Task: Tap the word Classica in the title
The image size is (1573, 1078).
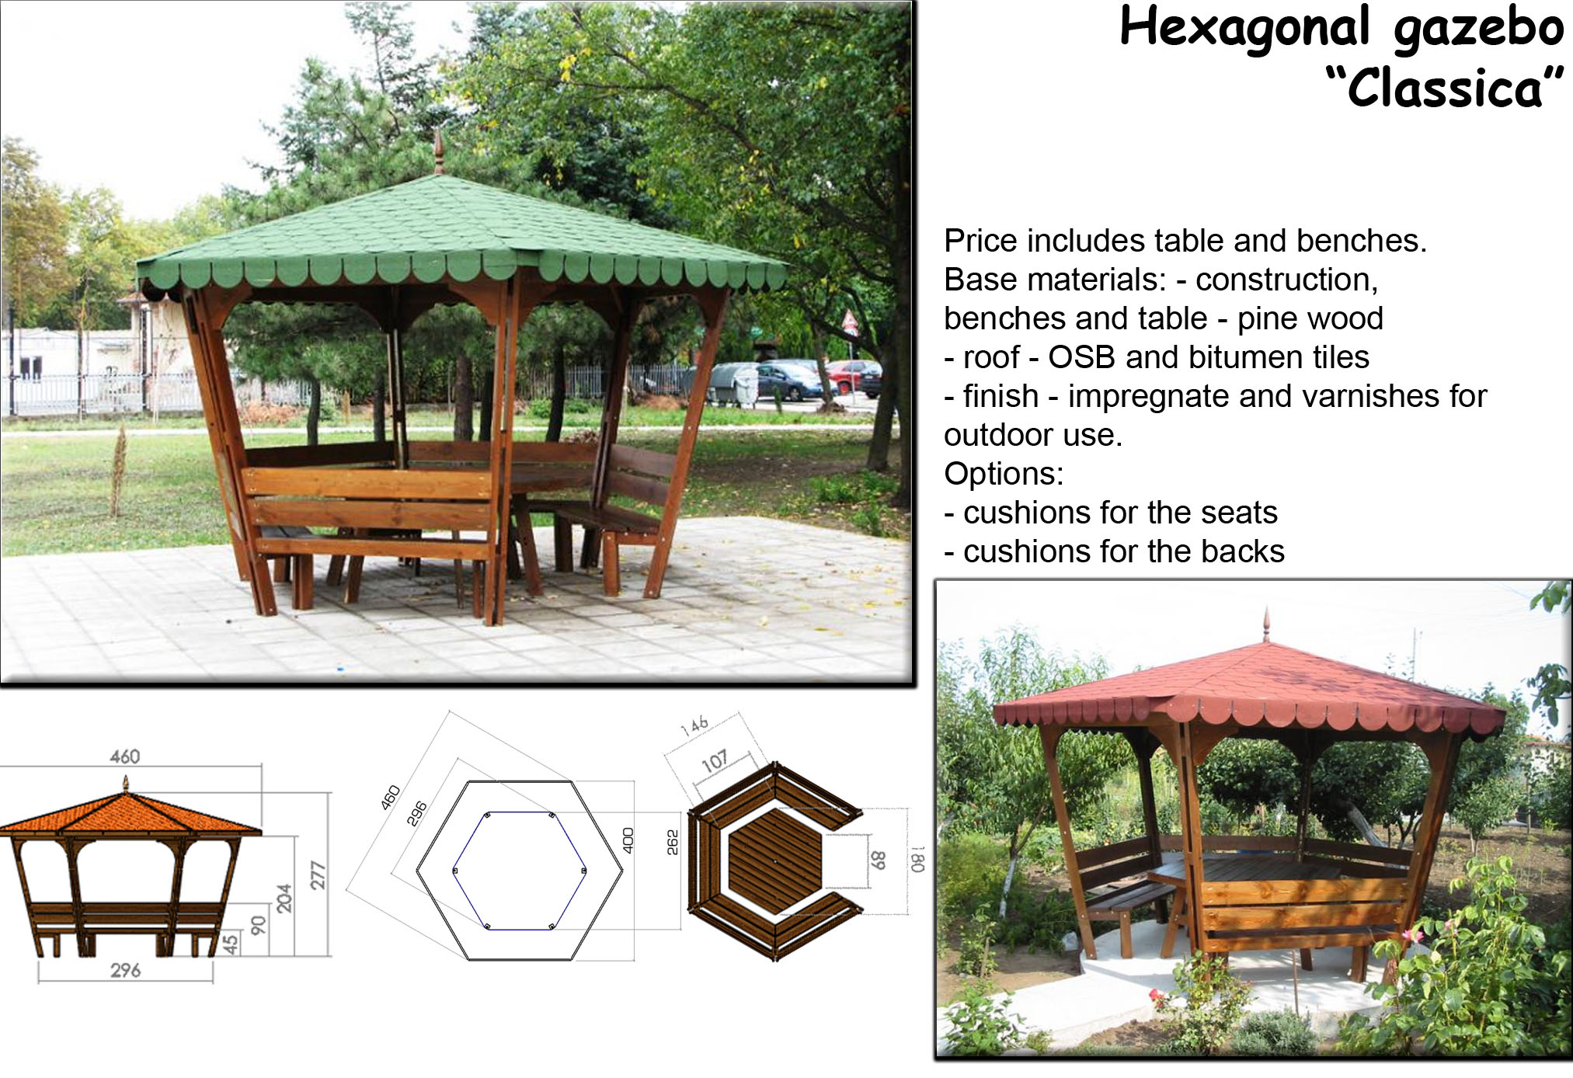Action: click(1444, 87)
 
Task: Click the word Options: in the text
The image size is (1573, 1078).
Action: click(1004, 474)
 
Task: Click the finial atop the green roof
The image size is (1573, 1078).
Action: click(439, 151)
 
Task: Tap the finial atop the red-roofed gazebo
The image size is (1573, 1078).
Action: click(1267, 625)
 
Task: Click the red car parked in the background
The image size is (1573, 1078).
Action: click(852, 377)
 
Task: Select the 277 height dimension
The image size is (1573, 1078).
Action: click(318, 875)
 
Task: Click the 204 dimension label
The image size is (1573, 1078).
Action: click(284, 898)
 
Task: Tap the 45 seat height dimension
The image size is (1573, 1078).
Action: click(231, 944)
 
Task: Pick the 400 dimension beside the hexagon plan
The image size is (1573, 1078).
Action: click(628, 840)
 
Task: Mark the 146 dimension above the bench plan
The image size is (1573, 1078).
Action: click(694, 725)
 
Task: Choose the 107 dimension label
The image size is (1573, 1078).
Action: click(715, 761)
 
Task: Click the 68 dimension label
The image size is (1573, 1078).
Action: click(878, 860)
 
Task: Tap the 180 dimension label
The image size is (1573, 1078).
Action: click(918, 859)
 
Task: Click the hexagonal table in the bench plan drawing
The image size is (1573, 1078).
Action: click(774, 861)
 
